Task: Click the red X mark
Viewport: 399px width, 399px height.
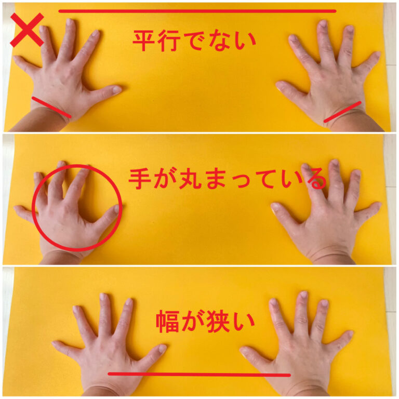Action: coord(27,30)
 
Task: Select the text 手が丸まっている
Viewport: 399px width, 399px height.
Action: coord(227,179)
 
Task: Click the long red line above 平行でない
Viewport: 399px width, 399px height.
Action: coord(197,11)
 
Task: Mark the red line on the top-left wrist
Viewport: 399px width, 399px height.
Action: coord(51,107)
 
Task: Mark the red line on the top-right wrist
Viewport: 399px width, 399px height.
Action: coord(342,112)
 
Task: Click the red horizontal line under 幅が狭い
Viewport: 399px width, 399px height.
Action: coord(199,374)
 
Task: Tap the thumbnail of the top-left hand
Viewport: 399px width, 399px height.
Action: coord(117,89)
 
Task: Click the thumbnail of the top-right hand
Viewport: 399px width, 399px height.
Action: coord(279,86)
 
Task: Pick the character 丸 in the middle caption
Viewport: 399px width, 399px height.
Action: coord(190,179)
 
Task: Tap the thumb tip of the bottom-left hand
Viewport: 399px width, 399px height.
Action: coord(163,348)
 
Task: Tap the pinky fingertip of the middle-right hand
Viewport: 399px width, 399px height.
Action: coord(378,205)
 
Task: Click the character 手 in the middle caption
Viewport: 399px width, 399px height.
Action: coord(139,179)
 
